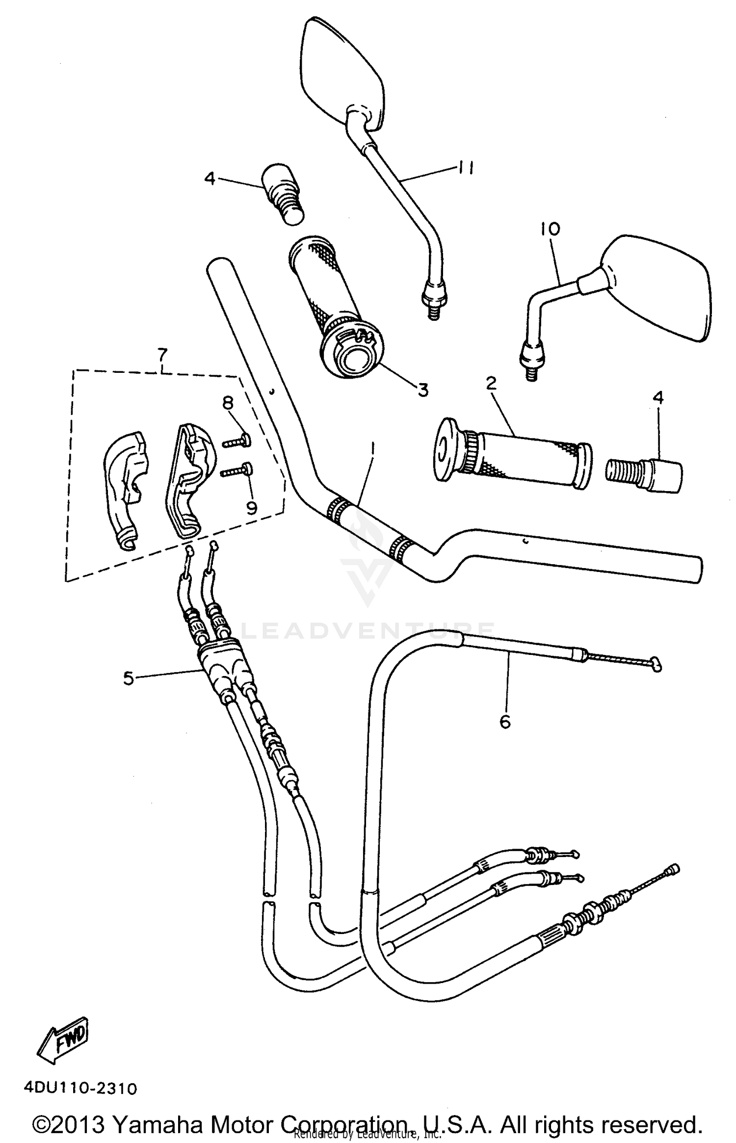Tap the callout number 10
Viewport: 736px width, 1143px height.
[x=551, y=229]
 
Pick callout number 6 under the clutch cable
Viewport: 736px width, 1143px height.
[x=505, y=721]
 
